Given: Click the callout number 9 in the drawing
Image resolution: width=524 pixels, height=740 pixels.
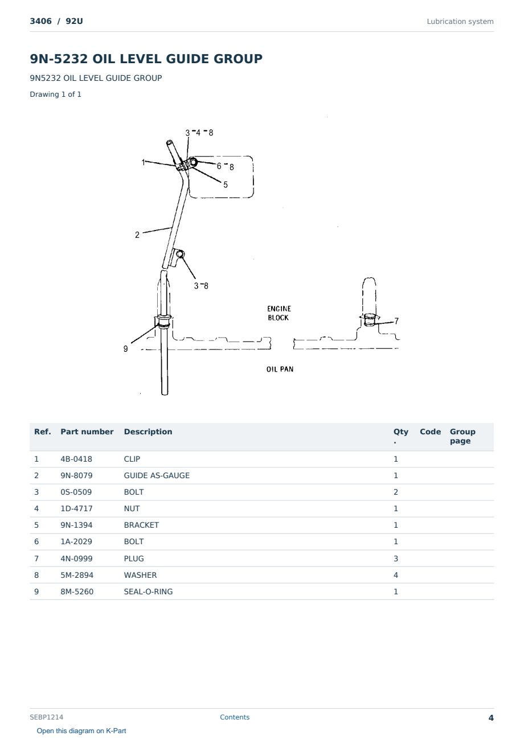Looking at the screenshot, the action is [126, 349].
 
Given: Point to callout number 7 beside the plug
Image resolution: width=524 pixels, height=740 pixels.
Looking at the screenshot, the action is [396, 321].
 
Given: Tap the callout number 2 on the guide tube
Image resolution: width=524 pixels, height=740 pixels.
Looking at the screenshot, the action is [137, 235].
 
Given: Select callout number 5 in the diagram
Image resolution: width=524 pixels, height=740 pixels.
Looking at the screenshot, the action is [226, 184].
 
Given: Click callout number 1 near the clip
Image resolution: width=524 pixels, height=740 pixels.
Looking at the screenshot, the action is [143, 162].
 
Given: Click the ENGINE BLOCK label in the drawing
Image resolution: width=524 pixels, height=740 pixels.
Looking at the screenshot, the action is [279, 313].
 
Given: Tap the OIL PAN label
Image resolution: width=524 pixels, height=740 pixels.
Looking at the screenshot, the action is [280, 369].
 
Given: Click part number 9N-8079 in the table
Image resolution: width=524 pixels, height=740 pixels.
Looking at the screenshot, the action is [76, 475].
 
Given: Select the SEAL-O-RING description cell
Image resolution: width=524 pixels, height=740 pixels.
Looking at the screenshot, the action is [148, 591].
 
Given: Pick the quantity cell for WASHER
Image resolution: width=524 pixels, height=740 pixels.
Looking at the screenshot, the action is [396, 575].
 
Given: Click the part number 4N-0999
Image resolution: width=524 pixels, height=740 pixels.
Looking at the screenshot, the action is [76, 558].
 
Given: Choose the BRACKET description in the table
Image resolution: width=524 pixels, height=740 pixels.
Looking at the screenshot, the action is [141, 525].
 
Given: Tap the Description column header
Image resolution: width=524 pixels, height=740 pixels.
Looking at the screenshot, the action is [148, 431].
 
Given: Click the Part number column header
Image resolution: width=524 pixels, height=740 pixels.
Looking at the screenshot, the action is [87, 431].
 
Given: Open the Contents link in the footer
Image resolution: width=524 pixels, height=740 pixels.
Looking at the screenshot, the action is [235, 717].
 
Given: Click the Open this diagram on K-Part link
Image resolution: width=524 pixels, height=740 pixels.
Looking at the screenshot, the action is [81, 730].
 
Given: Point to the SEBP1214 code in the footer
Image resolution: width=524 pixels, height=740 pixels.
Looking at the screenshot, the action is [47, 717].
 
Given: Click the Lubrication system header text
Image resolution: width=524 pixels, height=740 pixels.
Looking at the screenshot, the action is [460, 22].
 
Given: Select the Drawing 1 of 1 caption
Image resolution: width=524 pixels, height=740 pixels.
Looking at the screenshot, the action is [56, 94].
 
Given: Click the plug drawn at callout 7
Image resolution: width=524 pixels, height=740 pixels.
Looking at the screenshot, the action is [369, 320].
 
